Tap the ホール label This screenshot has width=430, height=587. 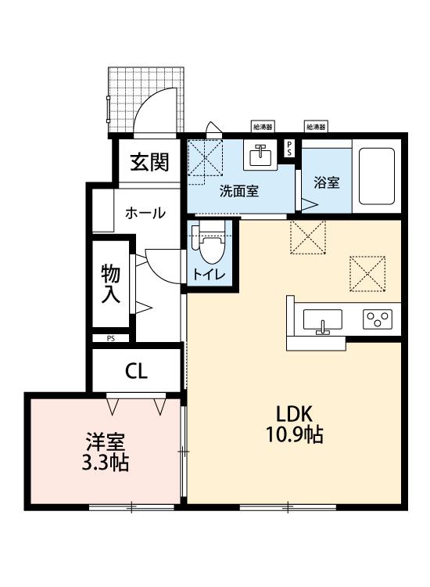tap(145, 213)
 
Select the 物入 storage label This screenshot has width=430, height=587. tap(111, 283)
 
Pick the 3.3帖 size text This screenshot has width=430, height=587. tap(105, 463)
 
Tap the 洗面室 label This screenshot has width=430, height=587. tap(239, 190)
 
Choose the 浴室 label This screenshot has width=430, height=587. tap(326, 183)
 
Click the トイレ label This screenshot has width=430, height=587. tap(210, 274)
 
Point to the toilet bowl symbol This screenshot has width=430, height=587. tap(210, 247)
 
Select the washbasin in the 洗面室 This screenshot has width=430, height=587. tap(259, 156)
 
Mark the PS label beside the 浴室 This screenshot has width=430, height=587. tap(289, 149)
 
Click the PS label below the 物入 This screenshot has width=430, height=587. tap(111, 338)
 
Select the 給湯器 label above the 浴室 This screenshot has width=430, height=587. tap(316, 126)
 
